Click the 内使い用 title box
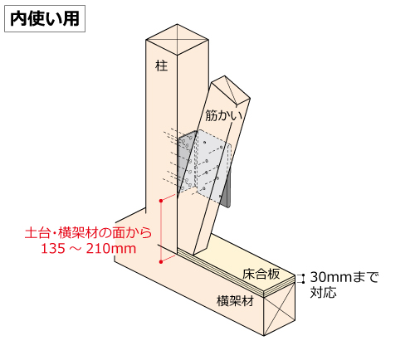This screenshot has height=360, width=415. tap(45, 19)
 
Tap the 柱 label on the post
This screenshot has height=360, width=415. tap(162, 66)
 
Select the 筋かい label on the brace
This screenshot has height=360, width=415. tap(223, 114)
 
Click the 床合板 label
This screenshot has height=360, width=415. tap(261, 274)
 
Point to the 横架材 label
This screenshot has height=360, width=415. tap(235, 301)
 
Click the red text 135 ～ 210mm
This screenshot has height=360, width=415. tap(89, 248)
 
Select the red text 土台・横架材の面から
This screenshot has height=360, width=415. tap(89, 233)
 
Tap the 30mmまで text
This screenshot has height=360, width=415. tap(344, 277)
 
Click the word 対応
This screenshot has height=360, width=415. tap(323, 292)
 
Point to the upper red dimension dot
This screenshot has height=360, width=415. tap(161, 201)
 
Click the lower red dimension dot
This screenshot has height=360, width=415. tap(161, 261)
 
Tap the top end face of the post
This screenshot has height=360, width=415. tap(177, 40)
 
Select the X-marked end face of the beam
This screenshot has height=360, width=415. tap(279, 309)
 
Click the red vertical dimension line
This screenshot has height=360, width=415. tap(161, 231)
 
